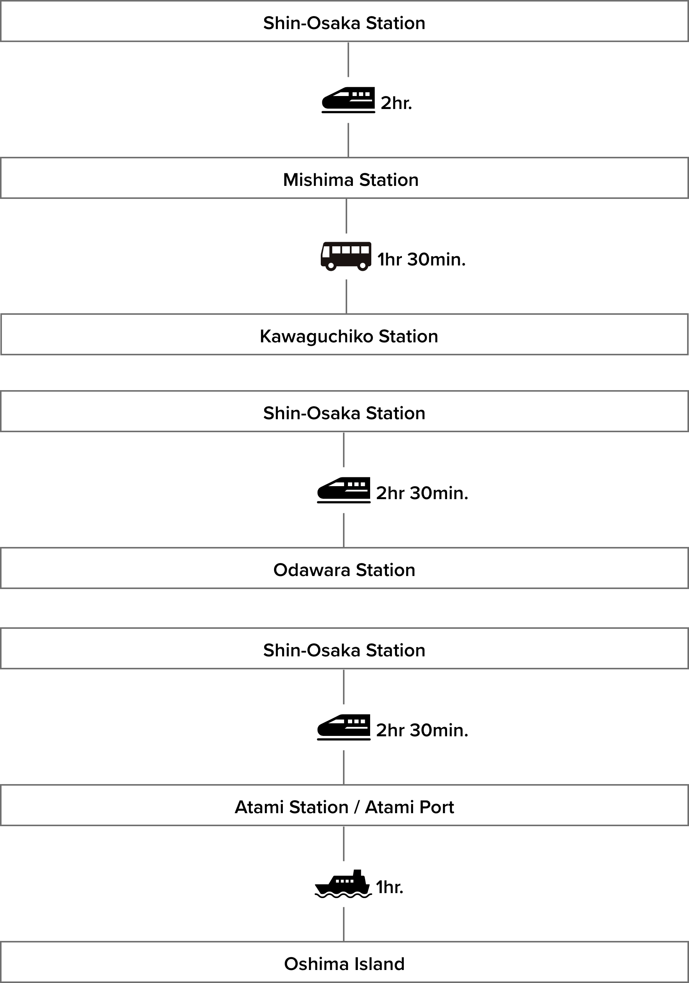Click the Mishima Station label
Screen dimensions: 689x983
(351, 180)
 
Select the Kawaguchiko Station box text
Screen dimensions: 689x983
(349, 337)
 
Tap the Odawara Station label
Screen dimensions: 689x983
(344, 570)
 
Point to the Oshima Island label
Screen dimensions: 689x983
(344, 964)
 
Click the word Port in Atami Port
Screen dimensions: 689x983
(436, 807)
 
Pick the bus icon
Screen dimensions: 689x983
(346, 256)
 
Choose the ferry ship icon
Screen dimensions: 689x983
(343, 884)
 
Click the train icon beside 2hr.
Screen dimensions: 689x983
(348, 100)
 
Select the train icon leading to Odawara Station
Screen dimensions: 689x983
(343, 490)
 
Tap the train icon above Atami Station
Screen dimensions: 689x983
(343, 727)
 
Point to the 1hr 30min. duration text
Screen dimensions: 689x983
(421, 259)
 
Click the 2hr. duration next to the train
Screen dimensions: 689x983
(396, 103)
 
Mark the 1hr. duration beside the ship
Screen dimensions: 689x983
(390, 887)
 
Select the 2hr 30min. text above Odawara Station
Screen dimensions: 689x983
(422, 493)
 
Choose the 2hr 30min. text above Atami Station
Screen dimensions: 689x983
(422, 731)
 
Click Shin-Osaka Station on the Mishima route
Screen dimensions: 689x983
(344, 23)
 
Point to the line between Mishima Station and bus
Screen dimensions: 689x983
(346, 216)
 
